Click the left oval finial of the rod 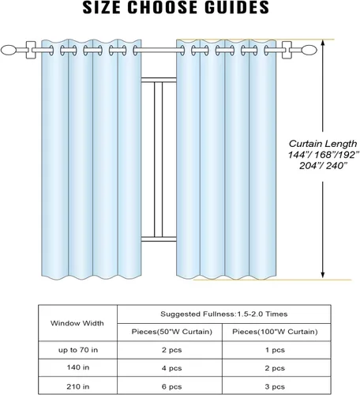point(9,50)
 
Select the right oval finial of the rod point(309,50)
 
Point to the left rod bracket point(31,50)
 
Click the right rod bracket point(287,50)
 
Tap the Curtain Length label point(323,144)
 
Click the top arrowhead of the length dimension point(323,42)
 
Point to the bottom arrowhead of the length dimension point(323,276)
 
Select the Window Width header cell point(77,323)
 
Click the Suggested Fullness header point(224,314)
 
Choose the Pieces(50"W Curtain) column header point(172,332)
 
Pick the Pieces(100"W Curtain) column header point(275,332)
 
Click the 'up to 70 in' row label point(78,350)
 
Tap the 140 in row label point(78,367)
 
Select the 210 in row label point(78,386)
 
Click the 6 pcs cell point(171,387)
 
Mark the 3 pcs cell point(275,387)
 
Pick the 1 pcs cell point(275,350)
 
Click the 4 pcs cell point(171,368)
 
